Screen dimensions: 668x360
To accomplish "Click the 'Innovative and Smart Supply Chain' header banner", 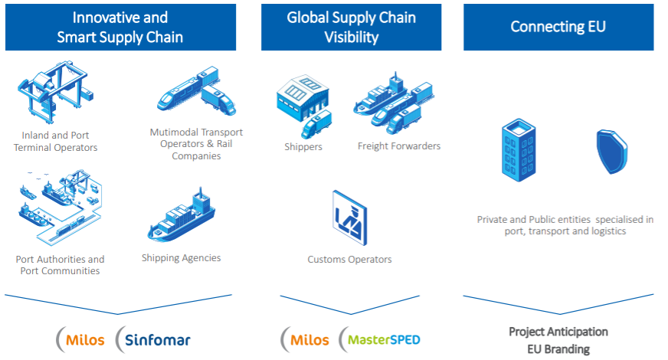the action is point(120,28).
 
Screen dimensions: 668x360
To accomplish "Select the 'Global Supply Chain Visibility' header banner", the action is point(351,28).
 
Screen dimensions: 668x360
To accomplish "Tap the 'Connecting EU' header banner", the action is point(558,28).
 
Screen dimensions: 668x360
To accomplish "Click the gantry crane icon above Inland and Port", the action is point(55,92).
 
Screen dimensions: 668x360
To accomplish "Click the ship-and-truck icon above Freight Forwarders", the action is point(394,103).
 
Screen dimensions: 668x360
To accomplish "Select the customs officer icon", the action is point(350,218).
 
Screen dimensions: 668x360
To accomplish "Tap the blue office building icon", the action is point(519,150).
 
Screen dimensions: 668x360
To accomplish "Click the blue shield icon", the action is point(612,152).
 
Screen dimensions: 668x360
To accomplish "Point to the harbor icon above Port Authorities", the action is point(60,208).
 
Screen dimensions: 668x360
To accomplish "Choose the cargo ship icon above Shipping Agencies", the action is point(182,214).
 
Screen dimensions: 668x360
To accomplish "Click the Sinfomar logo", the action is point(153,339).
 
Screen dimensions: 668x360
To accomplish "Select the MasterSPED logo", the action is point(380,339).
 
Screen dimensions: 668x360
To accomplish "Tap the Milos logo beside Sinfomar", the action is point(80,339).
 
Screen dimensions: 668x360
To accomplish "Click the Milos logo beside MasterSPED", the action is point(305,339).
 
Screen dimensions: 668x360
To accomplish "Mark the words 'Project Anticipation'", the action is point(558,332).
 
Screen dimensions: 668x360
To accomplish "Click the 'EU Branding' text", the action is point(558,349).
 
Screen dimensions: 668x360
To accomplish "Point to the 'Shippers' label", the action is point(303,147).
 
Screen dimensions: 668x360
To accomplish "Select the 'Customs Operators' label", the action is point(350,260).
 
